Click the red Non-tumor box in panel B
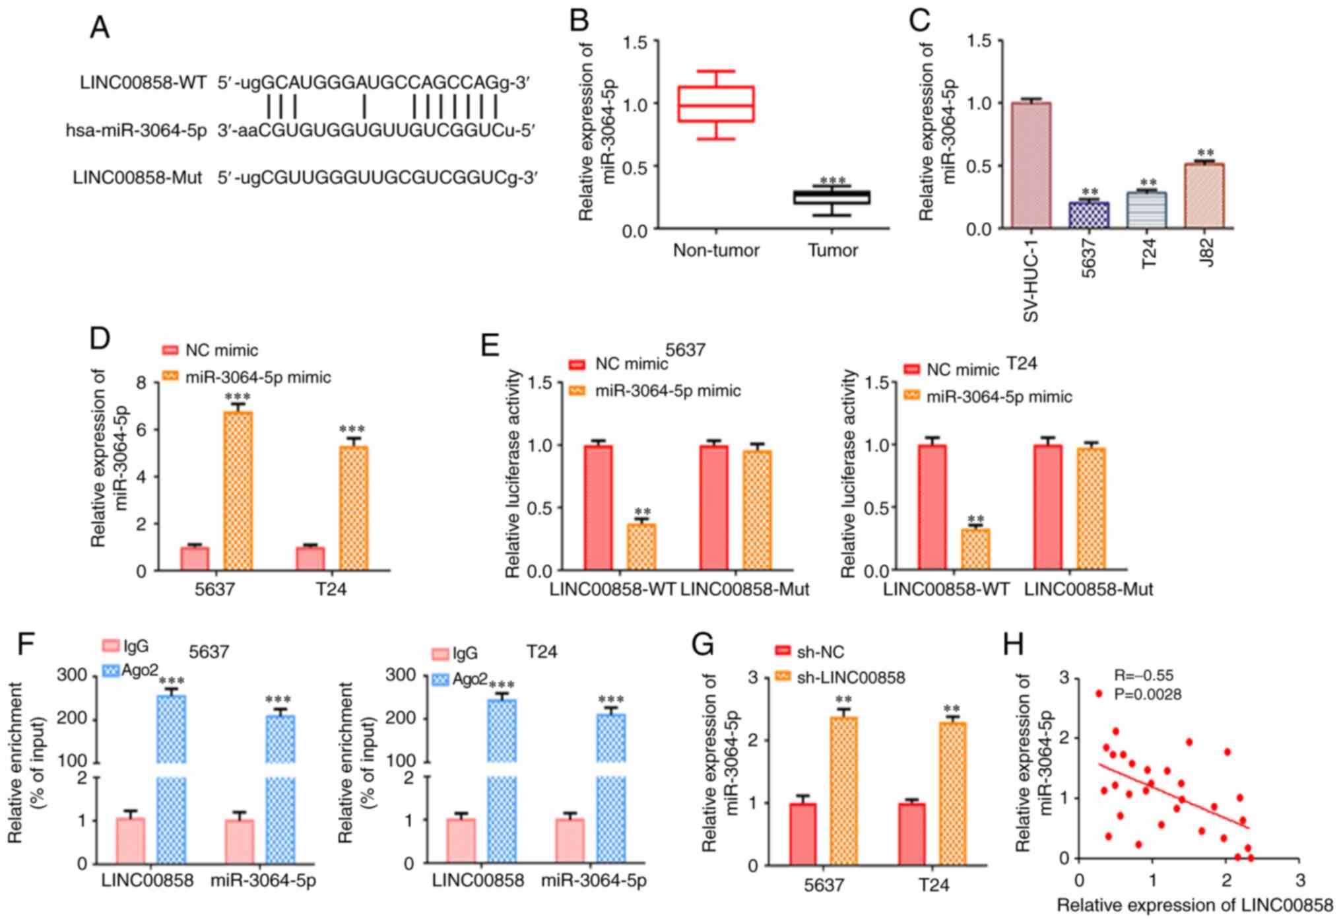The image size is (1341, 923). pyautogui.click(x=716, y=104)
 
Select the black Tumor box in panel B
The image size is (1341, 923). pyautogui.click(x=832, y=197)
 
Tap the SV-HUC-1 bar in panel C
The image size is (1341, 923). pyautogui.click(x=1031, y=165)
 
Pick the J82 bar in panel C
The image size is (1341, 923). pyautogui.click(x=1205, y=195)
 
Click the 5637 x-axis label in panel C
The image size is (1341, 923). pyautogui.click(x=1089, y=257)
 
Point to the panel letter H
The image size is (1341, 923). pyautogui.click(x=1013, y=644)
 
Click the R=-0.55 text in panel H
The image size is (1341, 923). pyautogui.click(x=1144, y=675)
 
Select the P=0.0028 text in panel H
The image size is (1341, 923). pyautogui.click(x=1148, y=695)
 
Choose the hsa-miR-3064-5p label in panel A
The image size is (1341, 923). pyautogui.click(x=136, y=131)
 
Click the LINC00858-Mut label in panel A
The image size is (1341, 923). pyautogui.click(x=137, y=178)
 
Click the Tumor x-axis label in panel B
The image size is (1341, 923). pyautogui.click(x=833, y=250)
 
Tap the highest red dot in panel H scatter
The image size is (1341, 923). pyautogui.click(x=1099, y=693)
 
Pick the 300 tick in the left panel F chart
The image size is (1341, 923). pyautogui.click(x=72, y=675)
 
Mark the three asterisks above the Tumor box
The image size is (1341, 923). pyautogui.click(x=832, y=181)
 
